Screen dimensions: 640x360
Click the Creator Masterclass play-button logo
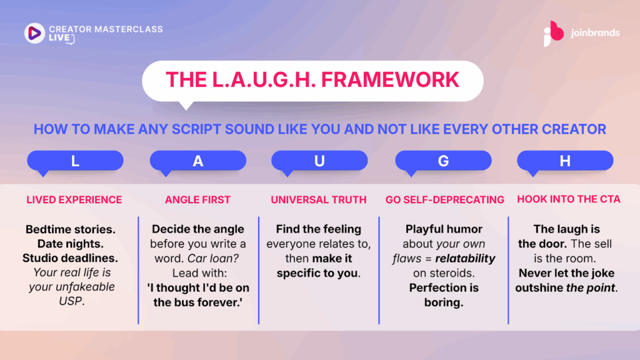(x=34, y=33)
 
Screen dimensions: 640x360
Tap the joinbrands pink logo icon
(x=554, y=34)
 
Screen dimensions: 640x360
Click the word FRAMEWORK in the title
(x=390, y=79)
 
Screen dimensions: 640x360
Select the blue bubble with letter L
(x=75, y=162)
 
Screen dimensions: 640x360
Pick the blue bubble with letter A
(x=198, y=162)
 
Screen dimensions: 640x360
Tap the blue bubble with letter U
(x=319, y=162)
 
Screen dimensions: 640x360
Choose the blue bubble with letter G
(x=443, y=162)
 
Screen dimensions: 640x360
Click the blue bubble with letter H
(x=565, y=162)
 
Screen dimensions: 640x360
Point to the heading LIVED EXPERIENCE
(x=74, y=199)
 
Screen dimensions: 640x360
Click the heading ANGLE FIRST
(x=197, y=199)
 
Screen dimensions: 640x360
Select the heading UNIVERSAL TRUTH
(x=319, y=199)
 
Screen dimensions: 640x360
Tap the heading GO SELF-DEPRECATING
(x=445, y=199)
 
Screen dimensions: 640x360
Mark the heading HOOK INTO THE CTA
(x=569, y=199)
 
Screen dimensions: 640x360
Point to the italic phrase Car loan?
(x=213, y=258)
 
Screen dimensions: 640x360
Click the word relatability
(x=465, y=259)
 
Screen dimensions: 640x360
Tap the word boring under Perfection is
(x=444, y=302)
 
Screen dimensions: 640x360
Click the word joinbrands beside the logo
(x=595, y=32)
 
